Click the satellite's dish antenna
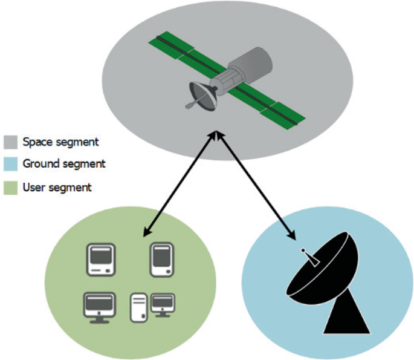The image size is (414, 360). pos(203,96)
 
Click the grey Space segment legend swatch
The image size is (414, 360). pos(11,143)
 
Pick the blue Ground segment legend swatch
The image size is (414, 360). pos(11,165)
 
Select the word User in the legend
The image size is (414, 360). pos(33,188)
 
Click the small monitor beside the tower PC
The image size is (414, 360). pos(162,303)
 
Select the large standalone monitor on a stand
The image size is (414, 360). pos(99,306)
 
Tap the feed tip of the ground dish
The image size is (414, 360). pos(302,249)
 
